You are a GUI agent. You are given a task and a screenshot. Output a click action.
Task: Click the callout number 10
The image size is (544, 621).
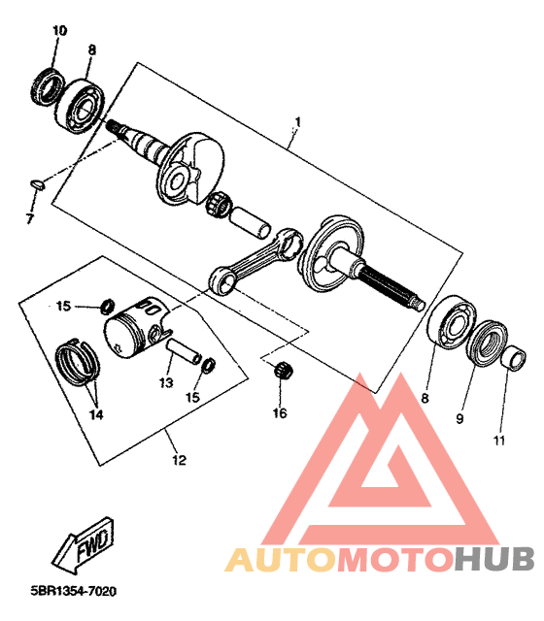[59, 30]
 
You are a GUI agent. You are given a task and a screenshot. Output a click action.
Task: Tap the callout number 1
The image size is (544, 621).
[298, 121]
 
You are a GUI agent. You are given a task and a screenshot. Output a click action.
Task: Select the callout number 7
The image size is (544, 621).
[30, 218]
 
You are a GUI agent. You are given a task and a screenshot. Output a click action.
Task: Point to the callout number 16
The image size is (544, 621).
[280, 413]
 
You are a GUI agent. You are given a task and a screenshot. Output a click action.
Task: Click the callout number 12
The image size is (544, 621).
[179, 460]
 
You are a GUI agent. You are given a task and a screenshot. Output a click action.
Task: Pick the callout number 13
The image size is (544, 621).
[166, 382]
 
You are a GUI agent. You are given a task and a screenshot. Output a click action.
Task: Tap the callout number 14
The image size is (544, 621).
[96, 414]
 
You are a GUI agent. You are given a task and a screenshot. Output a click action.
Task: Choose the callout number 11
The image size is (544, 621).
[498, 440]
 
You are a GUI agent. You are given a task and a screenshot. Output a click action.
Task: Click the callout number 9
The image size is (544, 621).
[459, 418]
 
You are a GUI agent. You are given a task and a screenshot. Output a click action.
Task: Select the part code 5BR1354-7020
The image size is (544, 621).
[74, 592]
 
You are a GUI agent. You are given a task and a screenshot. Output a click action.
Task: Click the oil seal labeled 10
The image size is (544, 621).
[47, 87]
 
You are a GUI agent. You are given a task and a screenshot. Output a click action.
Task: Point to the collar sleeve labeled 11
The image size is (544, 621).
[514, 358]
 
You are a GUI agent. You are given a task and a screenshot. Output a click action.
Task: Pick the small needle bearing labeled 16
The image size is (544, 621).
[284, 370]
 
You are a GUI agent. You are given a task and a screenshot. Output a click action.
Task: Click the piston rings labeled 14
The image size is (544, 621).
[78, 363]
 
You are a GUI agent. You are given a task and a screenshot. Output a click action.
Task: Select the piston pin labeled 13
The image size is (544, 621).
[183, 350]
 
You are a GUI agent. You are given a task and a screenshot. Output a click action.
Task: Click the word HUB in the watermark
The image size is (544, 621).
[494, 559]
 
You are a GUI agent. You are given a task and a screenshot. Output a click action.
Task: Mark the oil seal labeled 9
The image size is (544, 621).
[488, 343]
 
